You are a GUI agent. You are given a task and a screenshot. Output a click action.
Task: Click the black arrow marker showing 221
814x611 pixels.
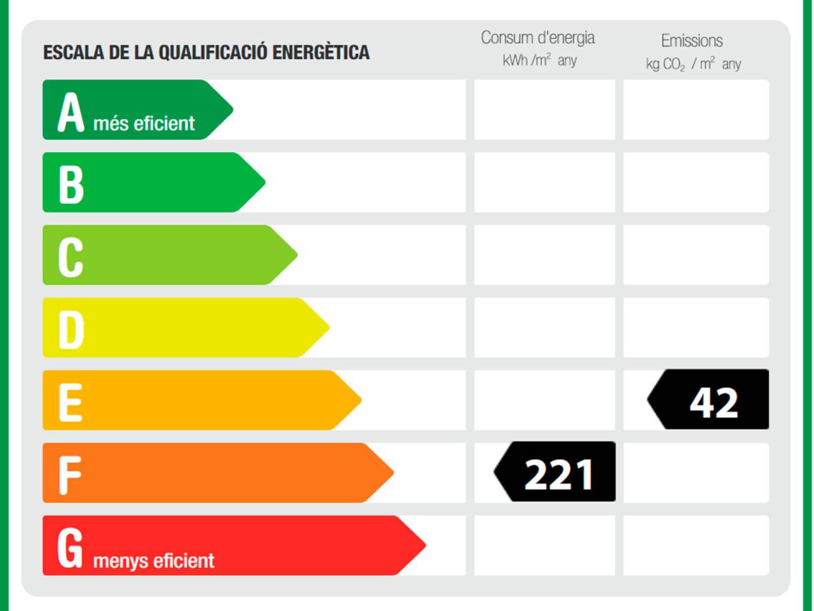click(555, 472)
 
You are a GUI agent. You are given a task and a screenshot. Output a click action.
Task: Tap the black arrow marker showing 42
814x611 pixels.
click(708, 399)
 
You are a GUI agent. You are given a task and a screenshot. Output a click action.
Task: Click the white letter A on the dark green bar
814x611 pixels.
click(71, 112)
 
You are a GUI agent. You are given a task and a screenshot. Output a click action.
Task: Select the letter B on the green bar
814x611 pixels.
click(71, 185)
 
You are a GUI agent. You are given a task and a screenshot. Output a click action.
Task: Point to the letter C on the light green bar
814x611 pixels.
click(71, 257)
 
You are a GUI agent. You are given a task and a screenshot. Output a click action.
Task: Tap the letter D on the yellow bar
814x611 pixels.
click(71, 330)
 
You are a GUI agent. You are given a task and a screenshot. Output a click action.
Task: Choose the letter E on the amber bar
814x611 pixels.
click(71, 402)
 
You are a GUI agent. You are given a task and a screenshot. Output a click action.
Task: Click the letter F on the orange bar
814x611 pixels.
click(70, 475)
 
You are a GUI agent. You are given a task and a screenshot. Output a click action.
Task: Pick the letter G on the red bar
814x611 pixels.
click(70, 548)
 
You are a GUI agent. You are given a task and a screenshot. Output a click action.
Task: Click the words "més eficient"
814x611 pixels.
click(144, 123)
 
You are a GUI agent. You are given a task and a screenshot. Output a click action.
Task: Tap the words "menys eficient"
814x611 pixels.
click(153, 561)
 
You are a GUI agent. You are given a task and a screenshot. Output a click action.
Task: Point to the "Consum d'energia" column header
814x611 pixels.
click(538, 38)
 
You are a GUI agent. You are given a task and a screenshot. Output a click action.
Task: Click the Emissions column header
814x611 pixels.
click(692, 41)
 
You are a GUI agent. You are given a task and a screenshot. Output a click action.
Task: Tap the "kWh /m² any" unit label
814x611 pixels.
click(539, 60)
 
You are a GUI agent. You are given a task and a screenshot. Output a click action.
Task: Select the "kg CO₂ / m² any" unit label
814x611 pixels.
click(693, 64)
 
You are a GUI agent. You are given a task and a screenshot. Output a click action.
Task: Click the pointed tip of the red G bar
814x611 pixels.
click(425, 545)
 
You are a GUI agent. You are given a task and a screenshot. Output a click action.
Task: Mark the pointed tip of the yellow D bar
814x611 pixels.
click(329, 327)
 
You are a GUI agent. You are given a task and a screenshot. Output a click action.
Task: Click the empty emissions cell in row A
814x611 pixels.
click(696, 110)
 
